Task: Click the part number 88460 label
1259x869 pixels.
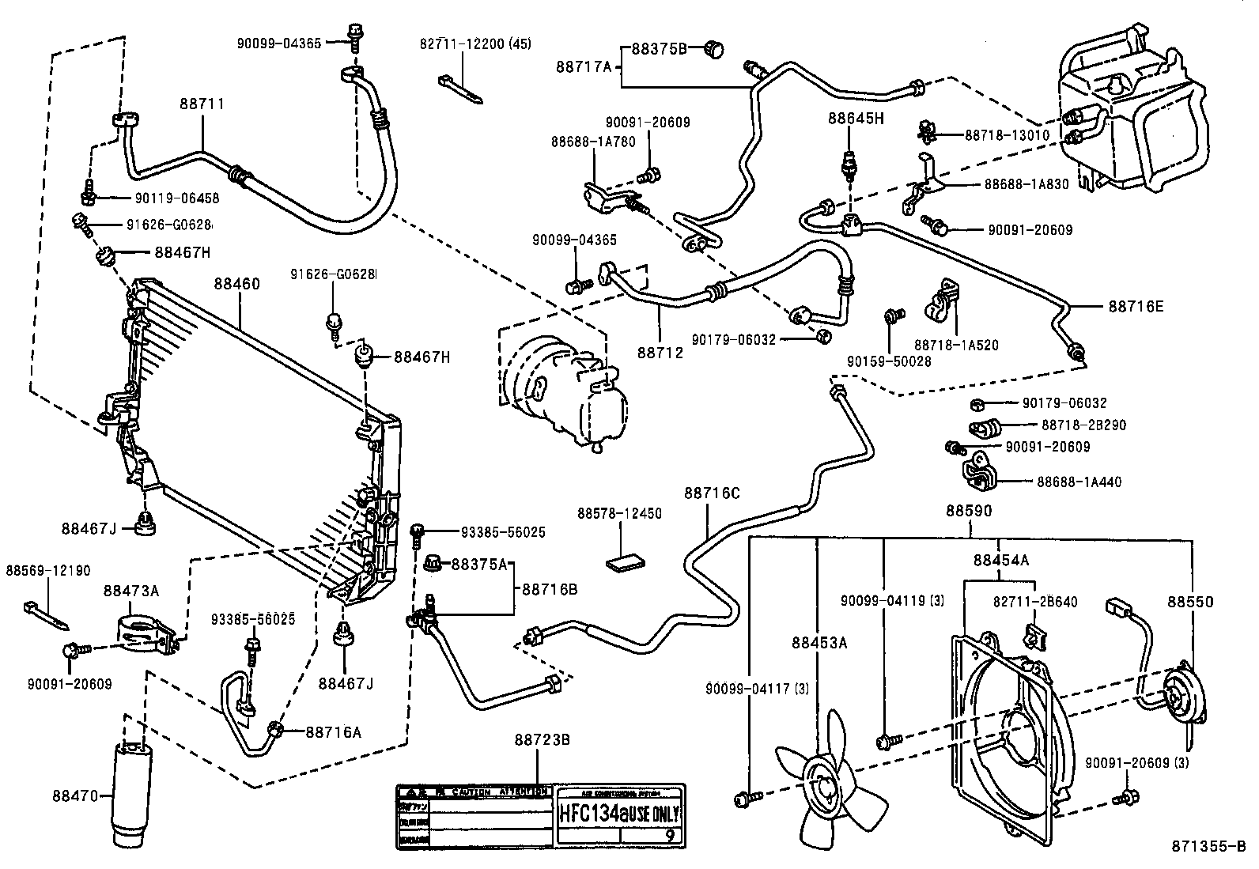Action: [x=236, y=283]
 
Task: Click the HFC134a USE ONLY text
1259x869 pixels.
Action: [x=620, y=813]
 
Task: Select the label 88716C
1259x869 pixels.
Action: [x=712, y=493]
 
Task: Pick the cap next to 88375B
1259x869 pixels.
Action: [x=713, y=50]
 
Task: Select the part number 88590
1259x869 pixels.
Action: [x=969, y=511]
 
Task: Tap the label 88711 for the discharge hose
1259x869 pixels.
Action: [x=202, y=104]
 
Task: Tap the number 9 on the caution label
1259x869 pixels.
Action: [x=669, y=833]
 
